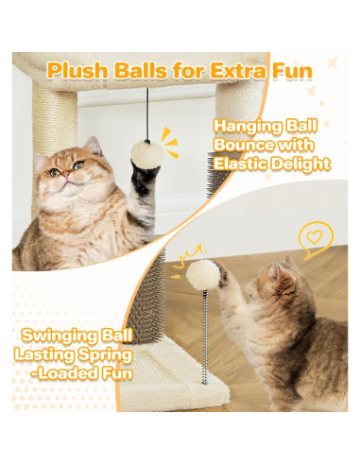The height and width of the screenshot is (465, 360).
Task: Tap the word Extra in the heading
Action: tap(235, 71)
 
